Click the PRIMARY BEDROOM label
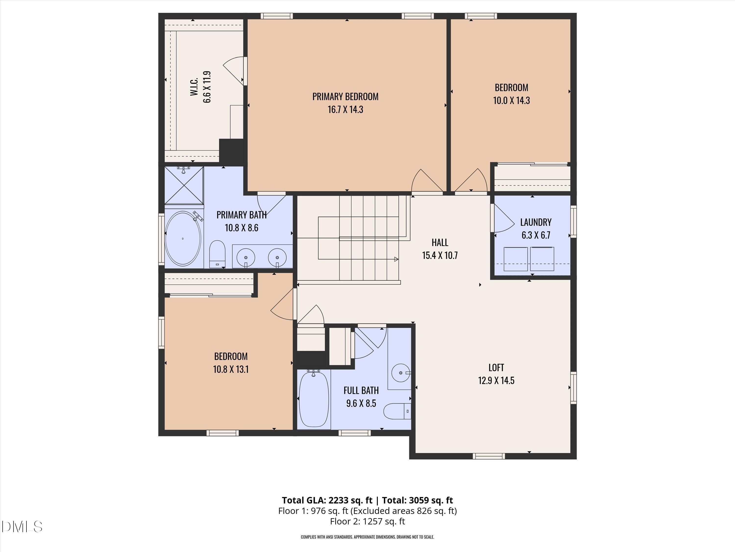(x=345, y=96)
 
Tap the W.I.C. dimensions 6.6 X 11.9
(x=207, y=87)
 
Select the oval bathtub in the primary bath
(x=183, y=238)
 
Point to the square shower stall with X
(x=184, y=185)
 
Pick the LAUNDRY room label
(x=536, y=222)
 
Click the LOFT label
(x=496, y=368)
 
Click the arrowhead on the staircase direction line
(x=396, y=259)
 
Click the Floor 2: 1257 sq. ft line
(x=367, y=521)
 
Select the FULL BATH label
(x=361, y=390)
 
